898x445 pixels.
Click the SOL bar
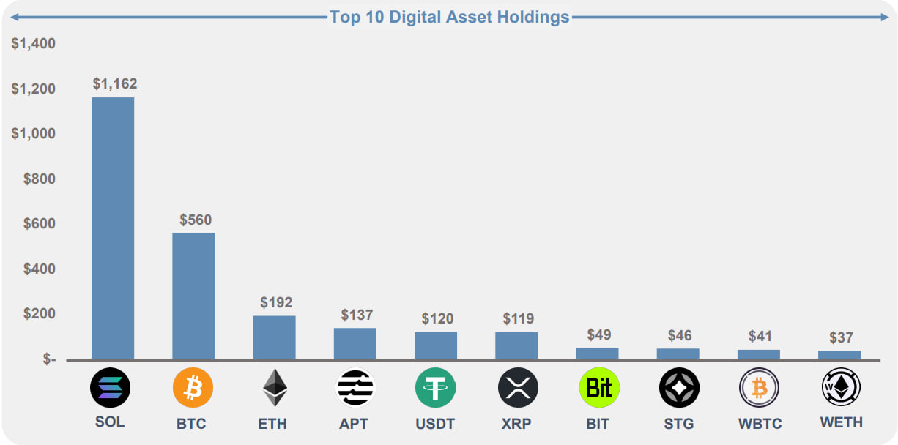tap(113, 228)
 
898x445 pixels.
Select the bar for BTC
tap(193, 296)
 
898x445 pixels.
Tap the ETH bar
tap(274, 337)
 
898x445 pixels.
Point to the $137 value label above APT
tap(357, 315)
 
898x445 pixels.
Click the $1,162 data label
tap(115, 83)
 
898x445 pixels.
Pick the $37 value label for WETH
tap(841, 337)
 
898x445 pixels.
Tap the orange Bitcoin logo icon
tap(193, 388)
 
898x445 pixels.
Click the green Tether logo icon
tap(435, 388)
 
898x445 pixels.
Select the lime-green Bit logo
tap(599, 388)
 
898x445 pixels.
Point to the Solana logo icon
tap(111, 388)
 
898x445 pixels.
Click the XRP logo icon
tap(518, 388)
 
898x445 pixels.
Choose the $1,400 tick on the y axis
tap(33, 44)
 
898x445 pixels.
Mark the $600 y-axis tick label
tap(40, 223)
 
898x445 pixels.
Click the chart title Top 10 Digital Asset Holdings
tap(450, 18)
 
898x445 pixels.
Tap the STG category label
tap(679, 424)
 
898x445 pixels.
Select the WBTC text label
tap(760, 424)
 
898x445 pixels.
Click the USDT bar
tap(436, 345)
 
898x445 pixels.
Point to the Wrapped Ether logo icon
tap(841, 387)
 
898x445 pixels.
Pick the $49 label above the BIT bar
tap(599, 335)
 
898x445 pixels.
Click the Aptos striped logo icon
tap(355, 388)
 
